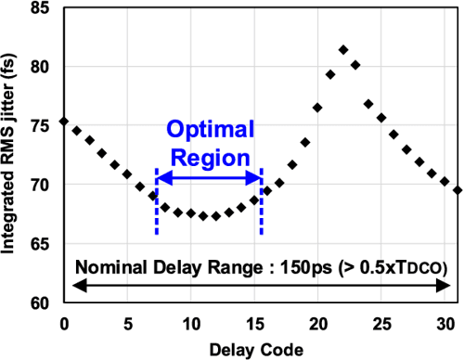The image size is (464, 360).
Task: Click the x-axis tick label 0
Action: coord(63,322)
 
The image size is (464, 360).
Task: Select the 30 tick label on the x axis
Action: coord(445,322)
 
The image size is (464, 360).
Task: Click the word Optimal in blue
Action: coord(209,131)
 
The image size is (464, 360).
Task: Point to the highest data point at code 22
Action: coord(343,49)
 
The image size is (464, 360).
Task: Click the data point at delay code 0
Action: coord(63,122)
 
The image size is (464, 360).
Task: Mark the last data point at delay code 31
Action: coord(458,190)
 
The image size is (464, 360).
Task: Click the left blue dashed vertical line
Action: coord(157,213)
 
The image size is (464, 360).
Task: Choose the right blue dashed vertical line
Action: coord(262,213)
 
